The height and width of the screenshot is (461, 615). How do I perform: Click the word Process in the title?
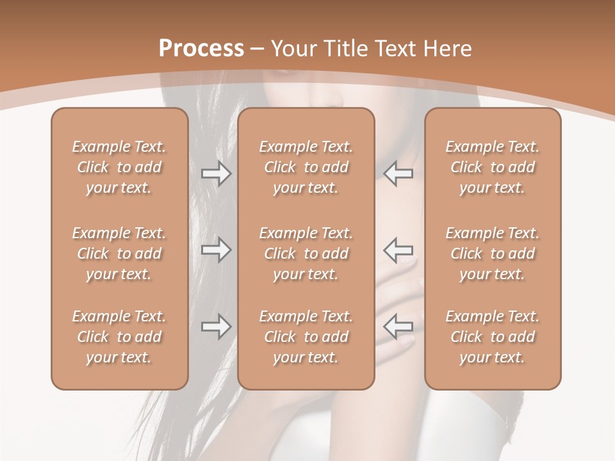tap(201, 49)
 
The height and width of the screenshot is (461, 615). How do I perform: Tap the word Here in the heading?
tap(447, 49)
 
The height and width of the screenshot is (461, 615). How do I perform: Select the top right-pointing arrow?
tap(217, 174)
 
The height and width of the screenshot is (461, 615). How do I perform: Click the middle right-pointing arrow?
tap(217, 250)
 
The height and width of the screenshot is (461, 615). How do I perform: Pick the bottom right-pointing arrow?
tap(217, 327)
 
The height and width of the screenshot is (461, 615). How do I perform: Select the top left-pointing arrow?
tap(398, 174)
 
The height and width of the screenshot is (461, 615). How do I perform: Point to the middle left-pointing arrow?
tap(398, 250)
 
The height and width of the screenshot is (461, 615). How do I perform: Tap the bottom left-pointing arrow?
tap(398, 327)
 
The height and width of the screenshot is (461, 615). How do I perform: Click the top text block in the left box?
tap(119, 167)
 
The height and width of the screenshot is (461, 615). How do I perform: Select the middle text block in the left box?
tap(119, 254)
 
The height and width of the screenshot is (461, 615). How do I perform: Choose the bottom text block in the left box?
tap(119, 337)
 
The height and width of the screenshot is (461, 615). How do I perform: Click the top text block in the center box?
tap(306, 167)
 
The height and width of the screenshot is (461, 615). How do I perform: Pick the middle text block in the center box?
tap(306, 254)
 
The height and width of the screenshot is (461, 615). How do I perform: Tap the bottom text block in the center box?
tap(306, 337)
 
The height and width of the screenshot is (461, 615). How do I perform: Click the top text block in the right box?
tap(493, 167)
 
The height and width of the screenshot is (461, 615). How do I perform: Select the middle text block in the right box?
tap(493, 254)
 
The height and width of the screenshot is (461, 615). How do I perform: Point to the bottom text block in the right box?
tap(493, 337)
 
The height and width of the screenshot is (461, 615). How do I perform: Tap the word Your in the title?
tap(293, 49)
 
